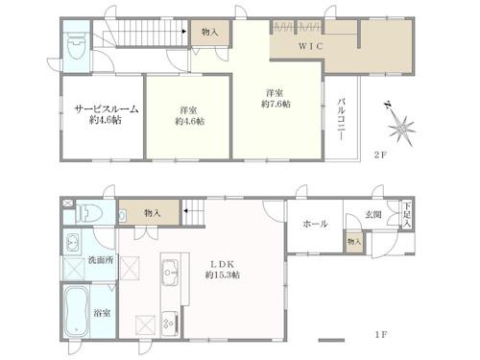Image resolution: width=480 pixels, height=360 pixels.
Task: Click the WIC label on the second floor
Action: pyautogui.click(x=311, y=46)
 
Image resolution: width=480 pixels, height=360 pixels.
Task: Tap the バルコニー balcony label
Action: pyautogui.click(x=342, y=120)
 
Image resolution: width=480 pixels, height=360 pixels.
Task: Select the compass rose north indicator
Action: pyautogui.click(x=399, y=125)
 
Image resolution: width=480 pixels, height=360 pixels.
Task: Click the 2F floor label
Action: pyautogui.click(x=381, y=156)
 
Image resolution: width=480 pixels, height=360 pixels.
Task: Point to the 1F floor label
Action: pyautogui.click(x=381, y=335)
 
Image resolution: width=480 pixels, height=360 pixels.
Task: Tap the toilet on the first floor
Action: pyautogui.click(x=89, y=214)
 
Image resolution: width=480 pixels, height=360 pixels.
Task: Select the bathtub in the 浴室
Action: pyautogui.click(x=77, y=311)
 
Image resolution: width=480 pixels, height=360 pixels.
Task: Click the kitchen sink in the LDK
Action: pyautogui.click(x=170, y=273)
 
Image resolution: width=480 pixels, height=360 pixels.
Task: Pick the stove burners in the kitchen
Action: pyautogui.click(x=170, y=324)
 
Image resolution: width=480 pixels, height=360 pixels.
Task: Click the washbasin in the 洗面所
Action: pyautogui.click(x=73, y=242)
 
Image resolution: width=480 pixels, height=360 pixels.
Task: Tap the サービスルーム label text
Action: pyautogui.click(x=106, y=109)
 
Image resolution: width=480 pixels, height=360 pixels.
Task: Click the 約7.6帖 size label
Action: pyautogui.click(x=276, y=104)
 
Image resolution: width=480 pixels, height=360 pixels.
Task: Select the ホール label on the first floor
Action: pyautogui.click(x=315, y=224)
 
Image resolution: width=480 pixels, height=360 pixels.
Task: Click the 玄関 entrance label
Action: pyautogui.click(x=373, y=215)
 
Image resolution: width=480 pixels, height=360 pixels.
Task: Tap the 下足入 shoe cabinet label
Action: pyautogui.click(x=406, y=215)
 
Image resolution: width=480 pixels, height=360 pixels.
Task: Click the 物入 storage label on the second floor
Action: pyautogui.click(x=210, y=32)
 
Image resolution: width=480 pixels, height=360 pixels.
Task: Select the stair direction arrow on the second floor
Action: pyautogui.click(x=184, y=32)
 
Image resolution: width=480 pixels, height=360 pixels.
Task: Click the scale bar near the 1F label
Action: pyautogui.click(x=331, y=340)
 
